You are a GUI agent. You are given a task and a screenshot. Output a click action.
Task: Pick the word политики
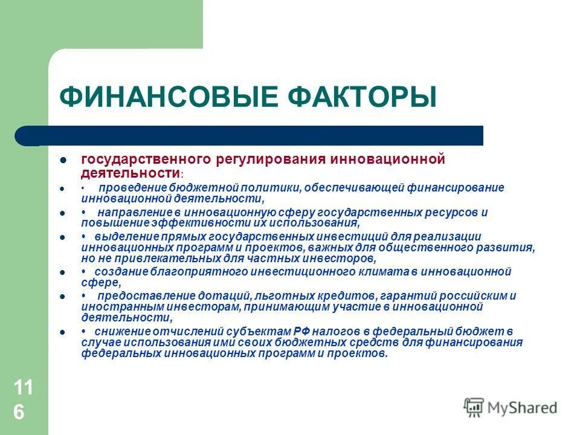[271, 187]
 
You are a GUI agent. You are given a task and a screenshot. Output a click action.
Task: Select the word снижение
[115, 332]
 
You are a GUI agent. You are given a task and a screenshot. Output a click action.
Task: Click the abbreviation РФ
[301, 332]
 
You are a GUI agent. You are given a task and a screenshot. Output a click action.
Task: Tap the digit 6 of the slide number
[19, 413]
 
